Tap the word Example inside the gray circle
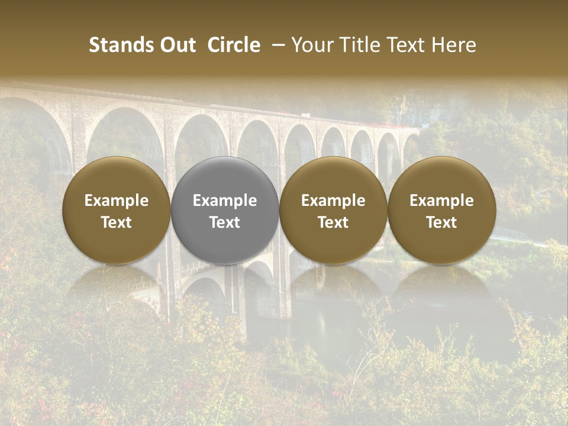tap(225, 201)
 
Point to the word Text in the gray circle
tap(225, 222)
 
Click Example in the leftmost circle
tap(117, 201)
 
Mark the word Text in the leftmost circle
tap(117, 222)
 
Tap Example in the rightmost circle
tap(442, 201)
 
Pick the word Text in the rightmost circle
tap(442, 222)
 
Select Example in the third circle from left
tap(333, 201)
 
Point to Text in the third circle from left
tap(333, 222)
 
